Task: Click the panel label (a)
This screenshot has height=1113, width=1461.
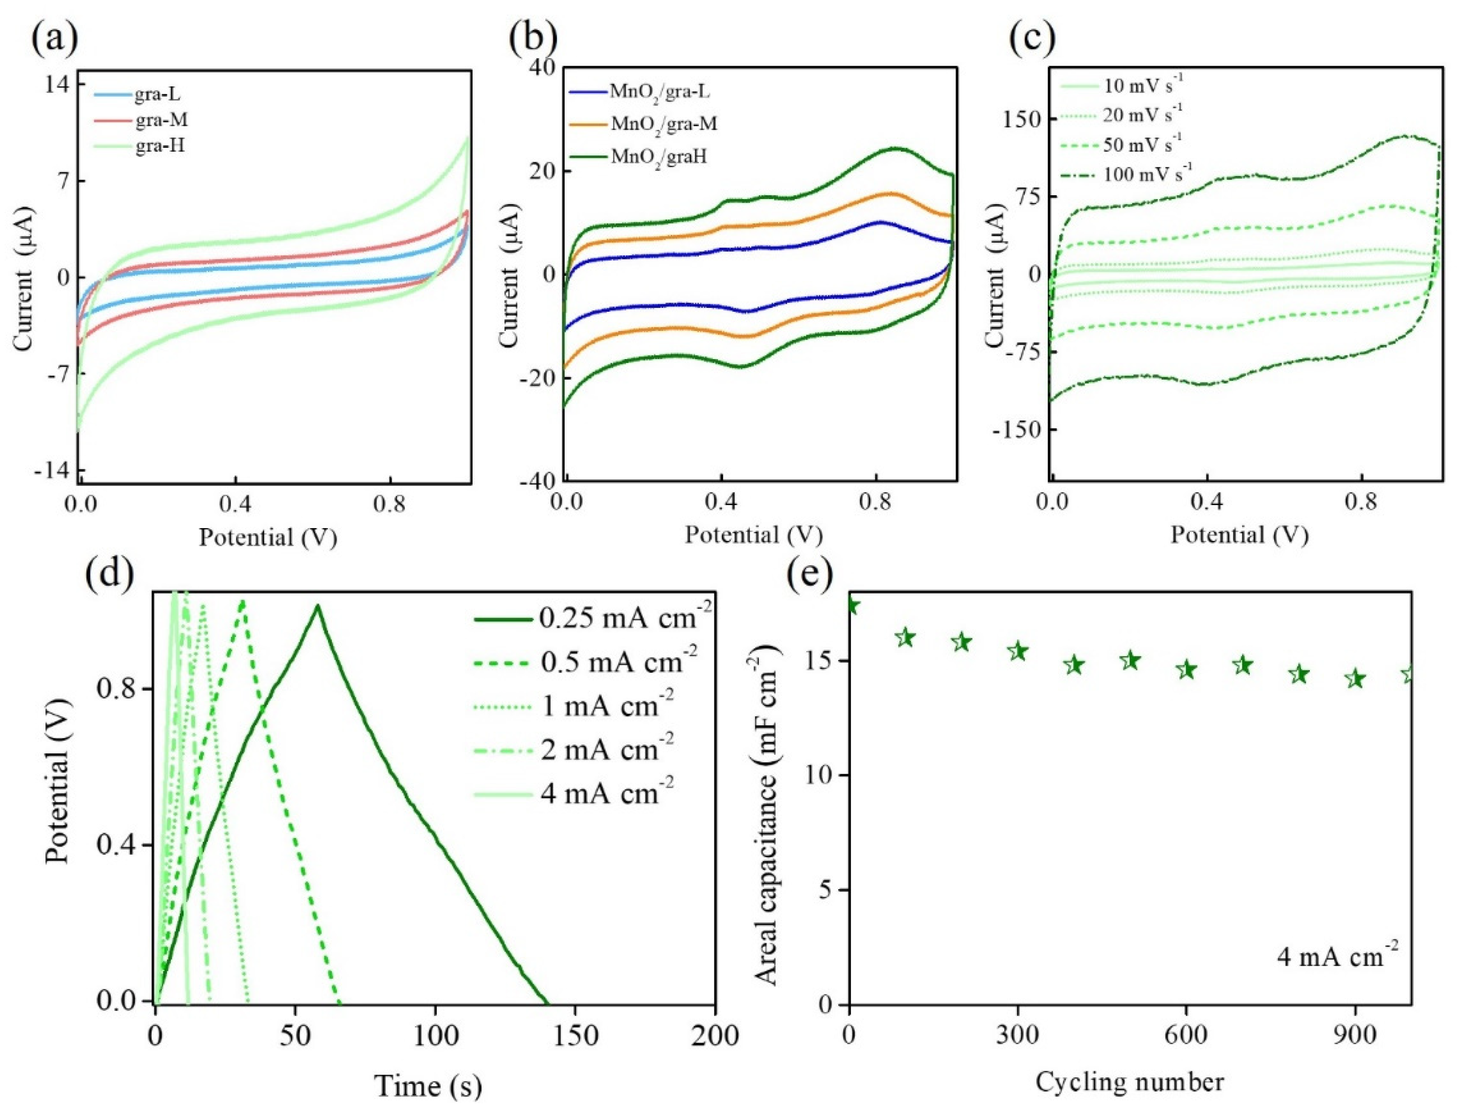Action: (55, 39)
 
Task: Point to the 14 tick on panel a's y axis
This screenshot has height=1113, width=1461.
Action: (59, 84)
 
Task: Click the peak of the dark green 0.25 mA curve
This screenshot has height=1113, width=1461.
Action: (318, 606)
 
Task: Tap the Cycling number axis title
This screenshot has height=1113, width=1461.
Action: (1129, 1082)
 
